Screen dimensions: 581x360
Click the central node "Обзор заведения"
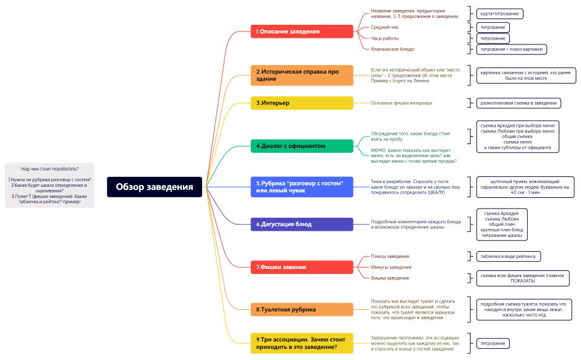tap(155, 187)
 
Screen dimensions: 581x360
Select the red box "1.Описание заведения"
tap(302, 32)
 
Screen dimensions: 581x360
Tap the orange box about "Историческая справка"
tap(302, 75)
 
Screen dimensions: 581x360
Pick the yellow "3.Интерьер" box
tap(302, 103)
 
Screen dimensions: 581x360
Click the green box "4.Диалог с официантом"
tap(302, 146)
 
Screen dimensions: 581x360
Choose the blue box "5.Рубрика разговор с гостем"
tap(302, 187)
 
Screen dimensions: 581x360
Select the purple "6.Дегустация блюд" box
tap(302, 225)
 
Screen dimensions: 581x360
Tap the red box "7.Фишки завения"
tap(302, 267)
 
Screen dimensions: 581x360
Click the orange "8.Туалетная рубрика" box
tap(302, 309)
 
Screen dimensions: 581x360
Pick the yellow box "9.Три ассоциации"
tap(302, 343)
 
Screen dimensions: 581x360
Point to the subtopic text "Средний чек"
tap(384, 27)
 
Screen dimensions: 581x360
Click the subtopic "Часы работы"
tap(385, 38)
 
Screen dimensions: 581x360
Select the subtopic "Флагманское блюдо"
tap(392, 49)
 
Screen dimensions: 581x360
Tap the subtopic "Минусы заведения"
tap(391, 267)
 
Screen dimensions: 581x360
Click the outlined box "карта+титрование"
tap(499, 14)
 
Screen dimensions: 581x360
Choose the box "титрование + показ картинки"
tap(511, 49)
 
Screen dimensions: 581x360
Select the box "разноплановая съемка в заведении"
tap(519, 103)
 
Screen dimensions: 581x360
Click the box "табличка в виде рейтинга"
tap(508, 257)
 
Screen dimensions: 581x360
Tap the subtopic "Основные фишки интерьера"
tap(401, 103)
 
